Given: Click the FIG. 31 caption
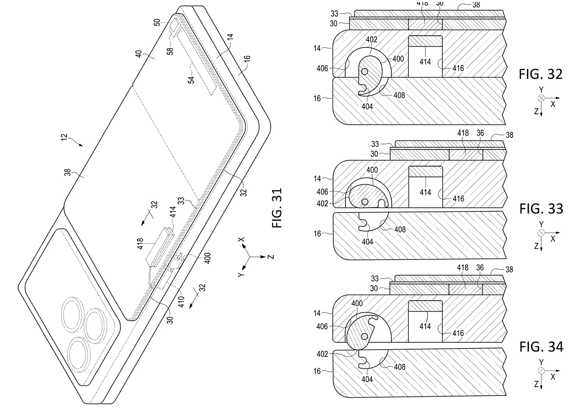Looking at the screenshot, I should point(277,207).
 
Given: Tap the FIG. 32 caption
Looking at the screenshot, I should point(541,74).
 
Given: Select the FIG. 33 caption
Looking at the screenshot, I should point(541,209).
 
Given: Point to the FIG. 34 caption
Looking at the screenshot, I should point(541,347).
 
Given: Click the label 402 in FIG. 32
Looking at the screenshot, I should point(371,40).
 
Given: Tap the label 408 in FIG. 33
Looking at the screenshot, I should point(400,229).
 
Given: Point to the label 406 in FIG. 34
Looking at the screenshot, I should point(323,327).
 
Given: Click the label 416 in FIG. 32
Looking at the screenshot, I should point(458,68).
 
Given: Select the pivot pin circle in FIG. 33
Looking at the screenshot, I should point(365,201).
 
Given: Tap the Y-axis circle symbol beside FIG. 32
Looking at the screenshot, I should point(541,98).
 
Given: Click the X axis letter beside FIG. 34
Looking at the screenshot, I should point(552,377).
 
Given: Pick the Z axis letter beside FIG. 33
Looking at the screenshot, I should point(536,246).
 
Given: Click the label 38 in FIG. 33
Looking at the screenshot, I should point(509,135).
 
